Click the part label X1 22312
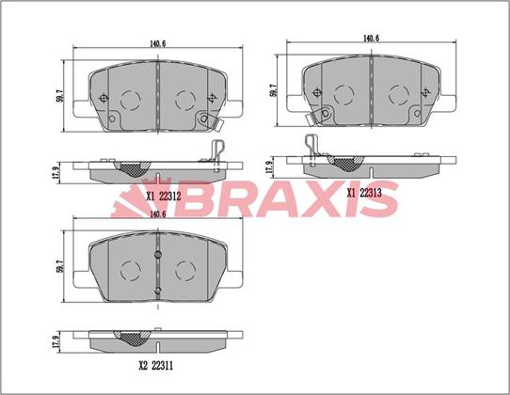tap(163, 196)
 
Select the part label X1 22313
tap(364, 193)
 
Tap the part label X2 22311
tap(156, 366)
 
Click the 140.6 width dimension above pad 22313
tap(371, 38)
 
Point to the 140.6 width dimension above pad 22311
tap(158, 213)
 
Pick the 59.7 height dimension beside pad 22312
tap(59, 96)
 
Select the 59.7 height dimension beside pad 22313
tap(273, 90)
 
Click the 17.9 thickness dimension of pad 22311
tap(57, 341)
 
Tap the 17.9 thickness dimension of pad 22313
tap(269, 168)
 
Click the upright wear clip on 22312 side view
tap(216, 154)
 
